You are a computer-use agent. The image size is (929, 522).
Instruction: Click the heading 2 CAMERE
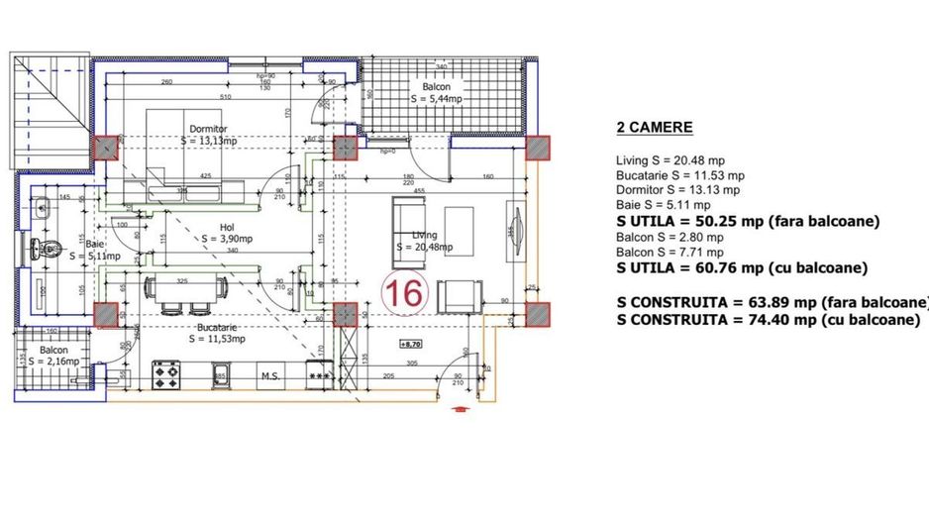click(x=654, y=128)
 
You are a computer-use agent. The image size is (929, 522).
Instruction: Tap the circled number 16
click(x=405, y=294)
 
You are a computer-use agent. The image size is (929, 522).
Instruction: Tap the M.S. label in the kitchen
click(x=268, y=376)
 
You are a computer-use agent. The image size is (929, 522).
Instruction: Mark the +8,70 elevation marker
click(x=410, y=344)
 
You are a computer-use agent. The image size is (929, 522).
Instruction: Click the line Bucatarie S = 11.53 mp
click(x=680, y=175)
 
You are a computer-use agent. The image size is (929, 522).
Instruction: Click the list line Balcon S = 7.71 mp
click(x=670, y=253)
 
